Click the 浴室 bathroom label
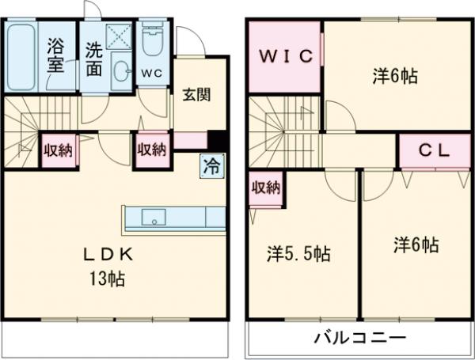tap(55, 55)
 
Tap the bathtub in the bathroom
tap(21, 56)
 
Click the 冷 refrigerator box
tap(212, 166)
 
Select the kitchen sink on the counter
tap(152, 218)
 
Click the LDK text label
tap(112, 255)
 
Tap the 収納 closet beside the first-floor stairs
tap(58, 150)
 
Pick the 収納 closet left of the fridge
tap(152, 150)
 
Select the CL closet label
tap(434, 152)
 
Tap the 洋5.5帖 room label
tap(298, 254)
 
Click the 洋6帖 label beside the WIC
tap(395, 77)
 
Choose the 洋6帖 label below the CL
tap(415, 245)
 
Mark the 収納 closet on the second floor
tap(266, 188)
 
